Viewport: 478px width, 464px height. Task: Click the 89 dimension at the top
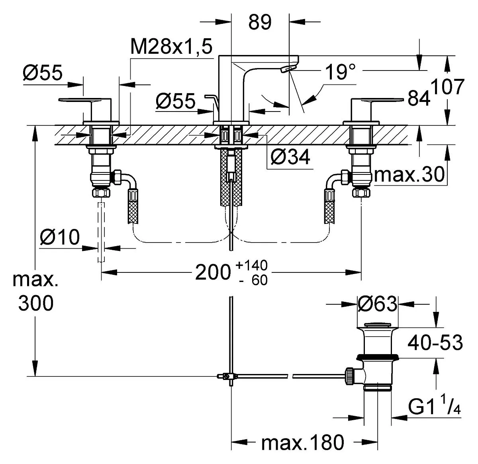(260, 22)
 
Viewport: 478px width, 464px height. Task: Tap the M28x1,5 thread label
(171, 47)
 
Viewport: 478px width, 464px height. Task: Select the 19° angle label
(340, 72)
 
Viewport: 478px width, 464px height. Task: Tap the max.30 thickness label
(409, 174)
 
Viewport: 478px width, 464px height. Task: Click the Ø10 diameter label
(60, 237)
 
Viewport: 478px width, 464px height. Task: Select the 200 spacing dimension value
(213, 272)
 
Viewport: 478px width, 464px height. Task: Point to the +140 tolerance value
(251, 265)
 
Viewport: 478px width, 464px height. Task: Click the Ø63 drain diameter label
(377, 304)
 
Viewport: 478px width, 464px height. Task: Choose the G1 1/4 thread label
(434, 407)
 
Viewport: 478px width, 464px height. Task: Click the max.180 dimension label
(303, 442)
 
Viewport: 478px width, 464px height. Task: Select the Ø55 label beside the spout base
(175, 101)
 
